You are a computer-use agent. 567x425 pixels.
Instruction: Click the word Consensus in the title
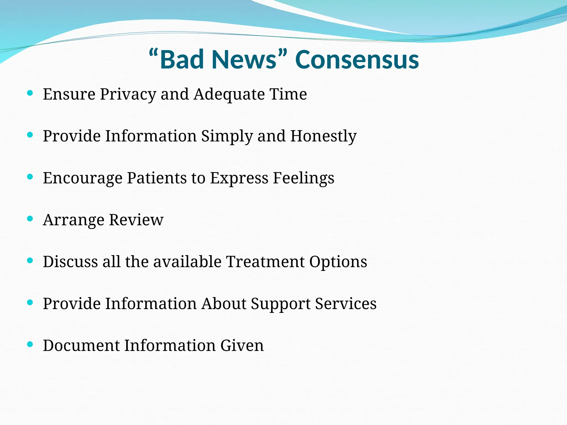point(357,59)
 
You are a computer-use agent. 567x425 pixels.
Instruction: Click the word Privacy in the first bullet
point(128,94)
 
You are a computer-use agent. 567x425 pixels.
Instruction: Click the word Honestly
point(323,136)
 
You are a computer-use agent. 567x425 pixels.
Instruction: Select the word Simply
point(227,136)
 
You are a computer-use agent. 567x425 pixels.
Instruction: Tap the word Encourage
point(83,178)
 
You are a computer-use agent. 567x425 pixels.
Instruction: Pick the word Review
point(136,220)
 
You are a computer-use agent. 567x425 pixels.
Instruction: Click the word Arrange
point(74,221)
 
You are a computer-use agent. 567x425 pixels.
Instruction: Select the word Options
point(338,262)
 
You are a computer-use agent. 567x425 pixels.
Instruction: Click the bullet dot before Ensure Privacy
point(30,93)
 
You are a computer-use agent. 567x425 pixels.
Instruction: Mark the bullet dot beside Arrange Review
point(30,219)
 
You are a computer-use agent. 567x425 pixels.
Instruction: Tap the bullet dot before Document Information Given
point(30,344)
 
